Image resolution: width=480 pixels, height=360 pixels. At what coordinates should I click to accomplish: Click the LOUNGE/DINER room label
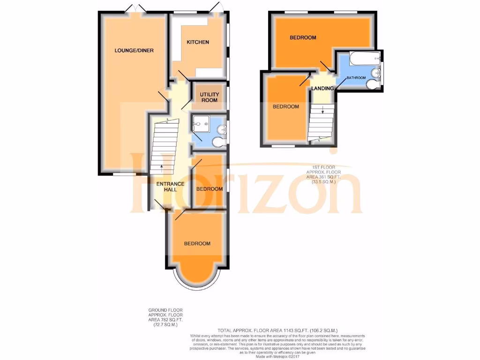(x=135, y=51)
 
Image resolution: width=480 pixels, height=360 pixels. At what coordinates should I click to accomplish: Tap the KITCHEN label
(x=198, y=42)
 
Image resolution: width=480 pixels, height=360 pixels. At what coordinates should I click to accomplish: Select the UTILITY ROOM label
(x=209, y=97)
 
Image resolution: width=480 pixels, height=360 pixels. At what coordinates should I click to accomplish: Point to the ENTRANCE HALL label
(x=170, y=186)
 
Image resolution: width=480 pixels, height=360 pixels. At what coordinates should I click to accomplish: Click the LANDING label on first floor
(x=322, y=88)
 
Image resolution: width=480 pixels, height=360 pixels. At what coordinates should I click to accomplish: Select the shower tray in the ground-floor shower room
(x=202, y=125)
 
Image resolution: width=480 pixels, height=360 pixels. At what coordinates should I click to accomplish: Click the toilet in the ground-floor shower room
(x=218, y=141)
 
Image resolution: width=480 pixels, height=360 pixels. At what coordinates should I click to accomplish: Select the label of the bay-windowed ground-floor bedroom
(x=197, y=244)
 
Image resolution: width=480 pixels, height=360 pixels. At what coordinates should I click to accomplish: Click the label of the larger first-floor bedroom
(x=302, y=37)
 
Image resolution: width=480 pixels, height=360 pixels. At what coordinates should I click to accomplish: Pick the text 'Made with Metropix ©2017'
(x=278, y=357)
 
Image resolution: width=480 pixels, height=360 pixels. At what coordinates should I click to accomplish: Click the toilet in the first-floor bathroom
(x=374, y=84)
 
